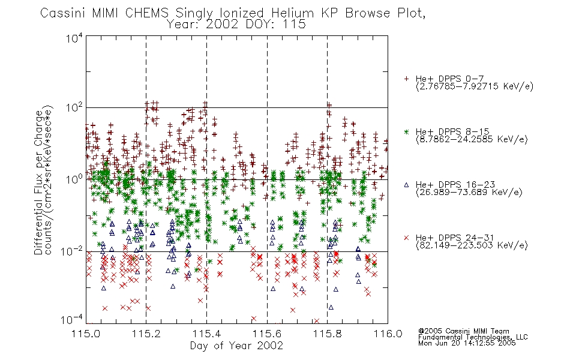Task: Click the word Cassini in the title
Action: [63, 13]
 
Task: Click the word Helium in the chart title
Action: [292, 13]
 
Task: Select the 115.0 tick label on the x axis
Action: [86, 334]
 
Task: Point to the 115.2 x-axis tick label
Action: [146, 334]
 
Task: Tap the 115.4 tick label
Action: [206, 334]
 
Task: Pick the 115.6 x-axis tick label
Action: [267, 334]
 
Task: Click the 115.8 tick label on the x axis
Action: [327, 334]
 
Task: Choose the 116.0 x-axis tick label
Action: [388, 334]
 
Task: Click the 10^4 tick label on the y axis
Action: [74, 37]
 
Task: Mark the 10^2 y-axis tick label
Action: [74, 108]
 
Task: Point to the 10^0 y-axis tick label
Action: [74, 179]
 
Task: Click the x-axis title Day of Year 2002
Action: [236, 346]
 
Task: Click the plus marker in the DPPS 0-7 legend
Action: [406, 79]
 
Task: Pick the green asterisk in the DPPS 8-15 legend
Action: [406, 132]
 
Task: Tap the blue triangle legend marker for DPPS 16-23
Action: [406, 185]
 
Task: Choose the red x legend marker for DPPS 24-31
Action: [406, 238]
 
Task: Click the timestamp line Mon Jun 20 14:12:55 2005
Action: [467, 343]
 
